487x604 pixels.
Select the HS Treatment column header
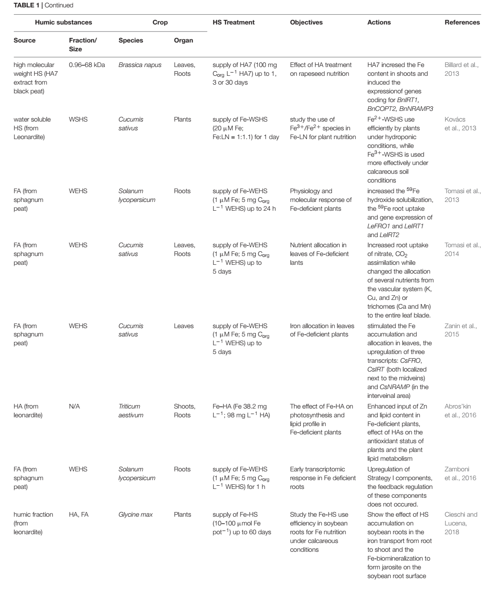(x=234, y=22)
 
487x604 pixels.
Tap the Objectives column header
(x=306, y=22)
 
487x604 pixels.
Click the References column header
(x=462, y=22)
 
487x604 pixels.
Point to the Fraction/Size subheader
(x=83, y=44)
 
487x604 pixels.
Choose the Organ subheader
(x=183, y=40)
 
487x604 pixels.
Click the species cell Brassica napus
(x=140, y=65)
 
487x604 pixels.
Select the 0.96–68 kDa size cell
(x=87, y=65)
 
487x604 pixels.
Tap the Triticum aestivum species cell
(x=131, y=411)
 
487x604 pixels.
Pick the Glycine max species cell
(x=136, y=514)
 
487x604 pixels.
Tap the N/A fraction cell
(x=74, y=407)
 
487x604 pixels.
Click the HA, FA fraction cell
(x=79, y=514)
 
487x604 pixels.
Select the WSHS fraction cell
(x=78, y=119)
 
